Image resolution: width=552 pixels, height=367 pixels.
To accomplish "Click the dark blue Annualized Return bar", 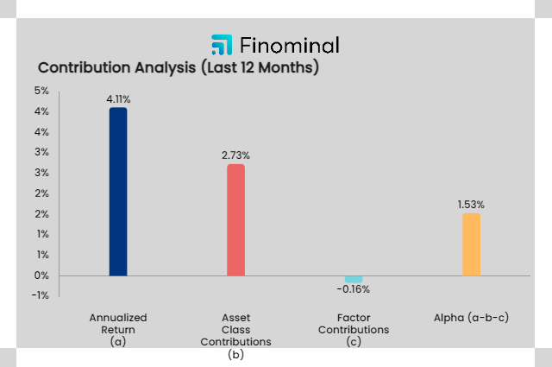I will pos(118,192).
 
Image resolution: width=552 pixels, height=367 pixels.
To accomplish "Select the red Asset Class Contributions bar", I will pos(235,219).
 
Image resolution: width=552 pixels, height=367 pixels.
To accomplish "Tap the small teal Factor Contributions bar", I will pos(354,279).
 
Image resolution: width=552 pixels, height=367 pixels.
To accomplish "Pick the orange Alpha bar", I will pos(471,244).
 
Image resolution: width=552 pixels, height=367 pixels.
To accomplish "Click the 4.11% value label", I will pos(118,99).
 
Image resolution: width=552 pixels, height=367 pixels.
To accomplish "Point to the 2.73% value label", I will pos(235,155).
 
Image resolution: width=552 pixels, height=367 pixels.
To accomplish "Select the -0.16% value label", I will pos(354,290).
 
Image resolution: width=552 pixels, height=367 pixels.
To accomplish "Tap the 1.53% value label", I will pos(471,205).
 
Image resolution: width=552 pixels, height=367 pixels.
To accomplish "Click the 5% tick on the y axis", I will pos(41,92).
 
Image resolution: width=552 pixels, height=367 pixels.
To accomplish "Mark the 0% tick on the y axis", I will pos(41,275).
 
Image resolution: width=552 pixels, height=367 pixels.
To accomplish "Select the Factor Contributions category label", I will pos(354,324).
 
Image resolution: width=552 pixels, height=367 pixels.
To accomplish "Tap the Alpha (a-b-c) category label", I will pos(471,318).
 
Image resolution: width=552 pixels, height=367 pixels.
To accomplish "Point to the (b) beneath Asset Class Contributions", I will pos(235,354).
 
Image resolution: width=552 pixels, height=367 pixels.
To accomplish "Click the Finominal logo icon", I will pos(222,45).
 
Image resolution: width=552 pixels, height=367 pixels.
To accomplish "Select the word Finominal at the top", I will pos(290,45).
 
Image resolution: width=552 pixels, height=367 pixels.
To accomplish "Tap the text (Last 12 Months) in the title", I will pos(260,67).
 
